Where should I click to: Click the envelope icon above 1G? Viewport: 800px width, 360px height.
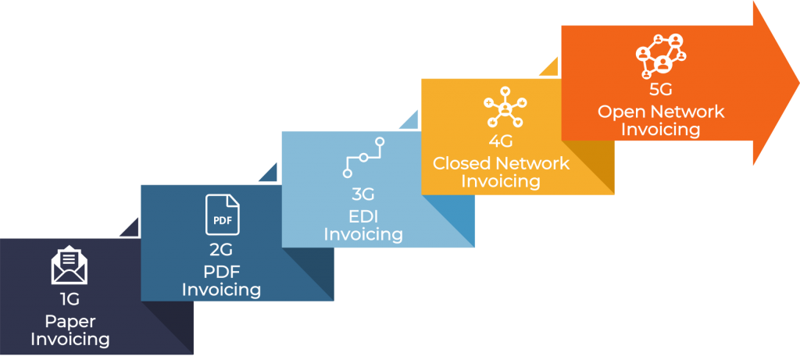tap(69, 266)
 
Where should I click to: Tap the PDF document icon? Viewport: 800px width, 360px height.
tap(223, 216)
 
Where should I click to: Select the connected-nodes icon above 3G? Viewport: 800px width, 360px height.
tap(363, 156)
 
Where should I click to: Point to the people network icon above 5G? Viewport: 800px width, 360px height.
tap(660, 55)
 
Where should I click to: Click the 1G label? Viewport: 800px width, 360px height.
tap(69, 298)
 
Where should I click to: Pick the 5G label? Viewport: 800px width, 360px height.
tap(661, 91)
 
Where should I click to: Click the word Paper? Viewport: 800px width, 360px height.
tap(69, 320)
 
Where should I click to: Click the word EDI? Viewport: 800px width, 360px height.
tap(363, 214)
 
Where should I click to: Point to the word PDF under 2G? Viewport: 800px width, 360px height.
tap(222, 270)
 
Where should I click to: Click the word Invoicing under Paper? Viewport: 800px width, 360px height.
tap(70, 339)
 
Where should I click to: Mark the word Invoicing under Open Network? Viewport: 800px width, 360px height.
tap(661, 130)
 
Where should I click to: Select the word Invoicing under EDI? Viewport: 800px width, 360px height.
tap(363, 233)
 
